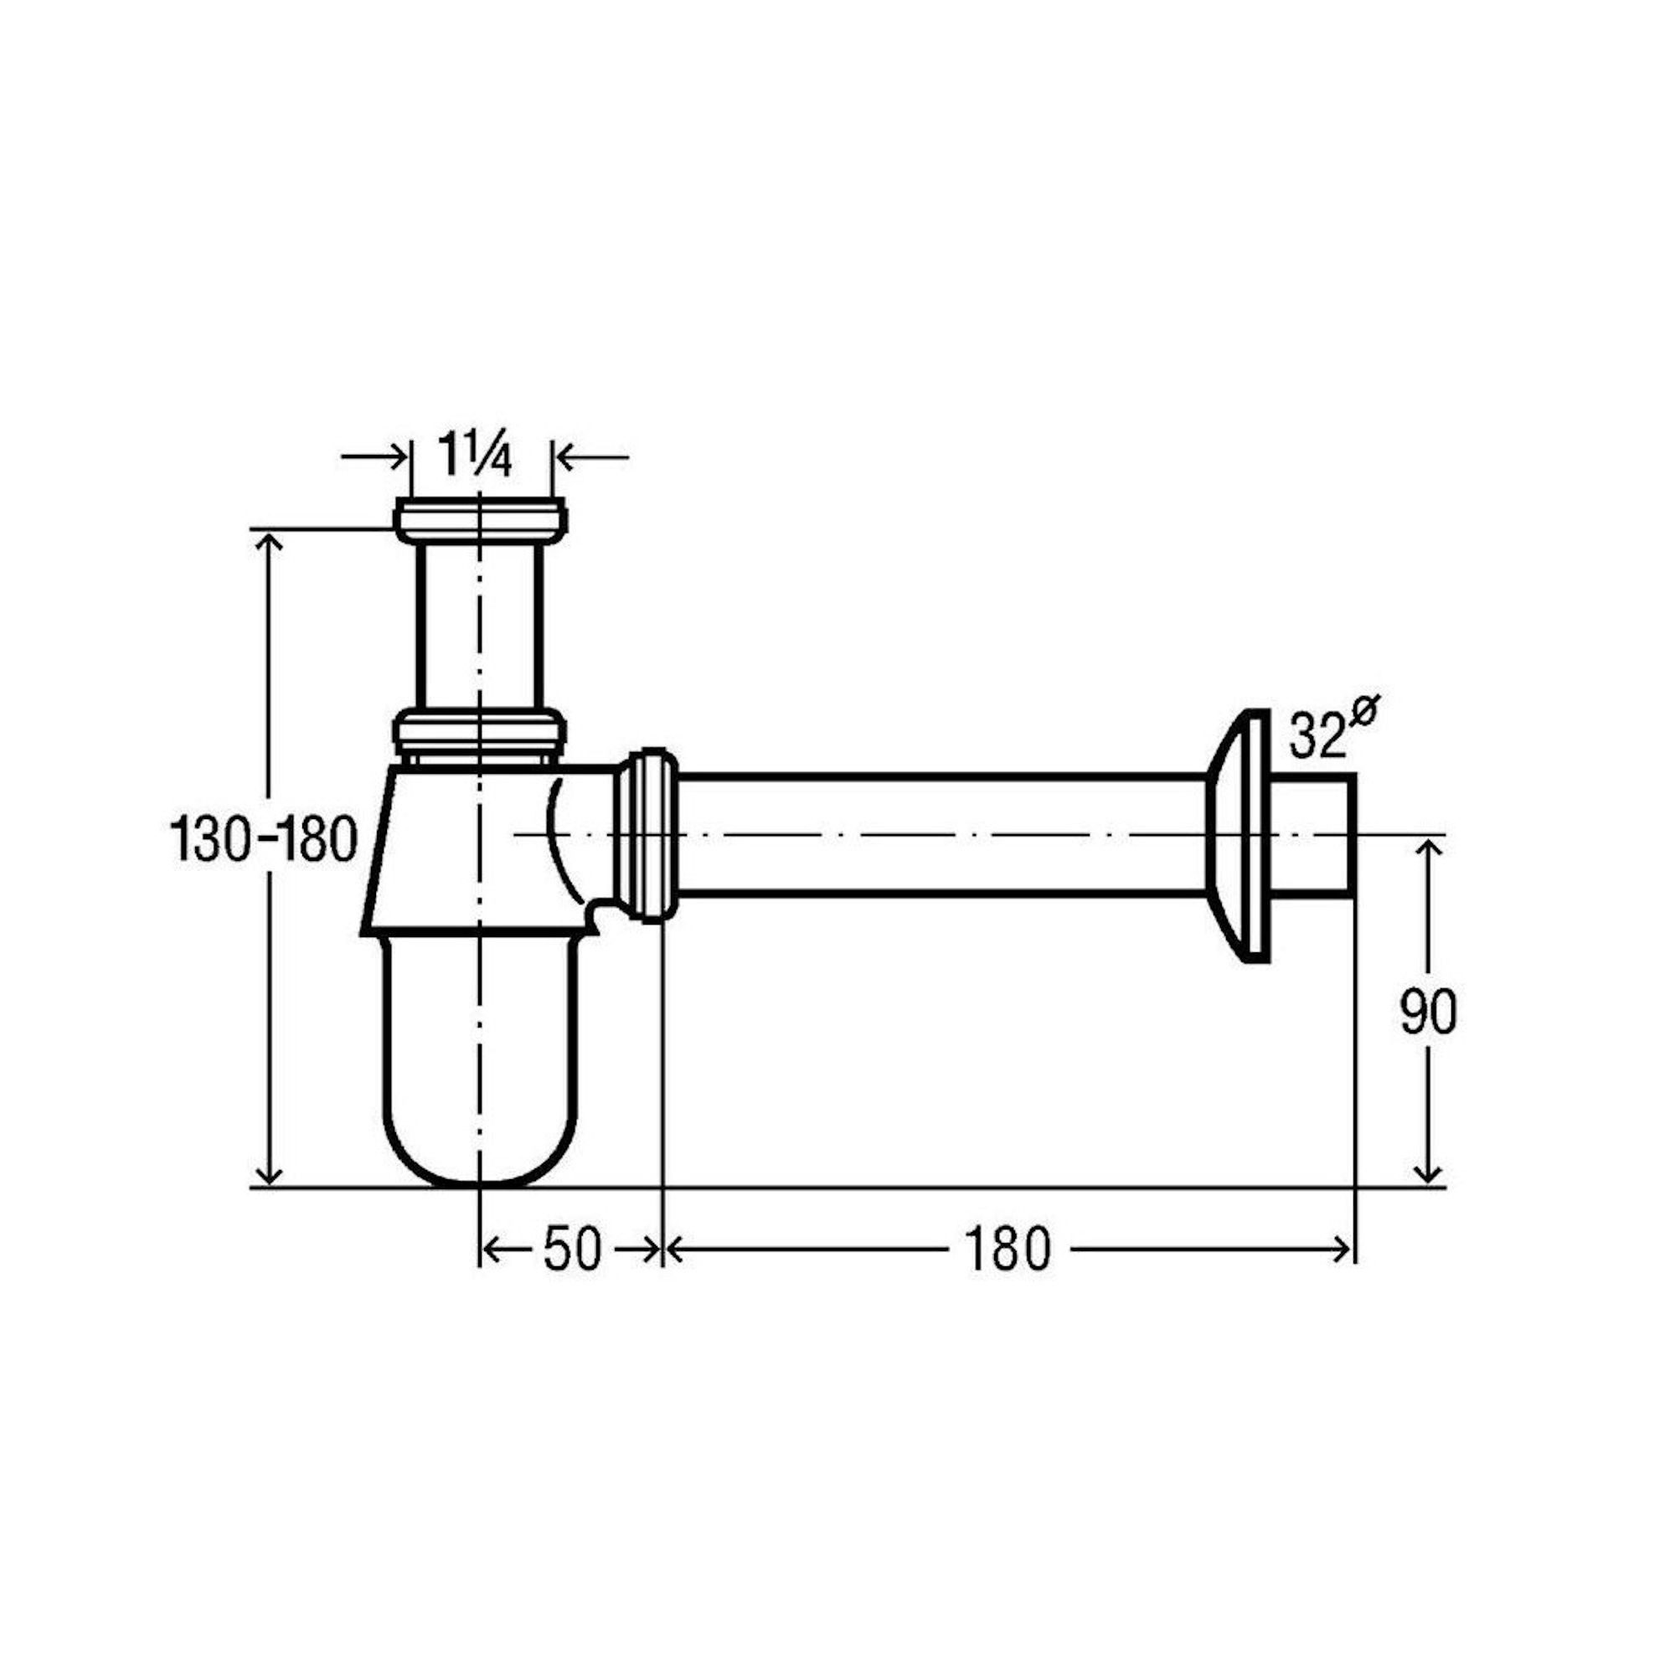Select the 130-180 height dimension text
click(x=264, y=839)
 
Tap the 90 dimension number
click(x=1429, y=1012)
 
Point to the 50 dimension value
click(x=572, y=1250)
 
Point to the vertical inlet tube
click(x=479, y=624)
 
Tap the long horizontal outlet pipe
click(x=941, y=834)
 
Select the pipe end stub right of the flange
click(x=1312, y=834)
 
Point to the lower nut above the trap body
click(x=479, y=731)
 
